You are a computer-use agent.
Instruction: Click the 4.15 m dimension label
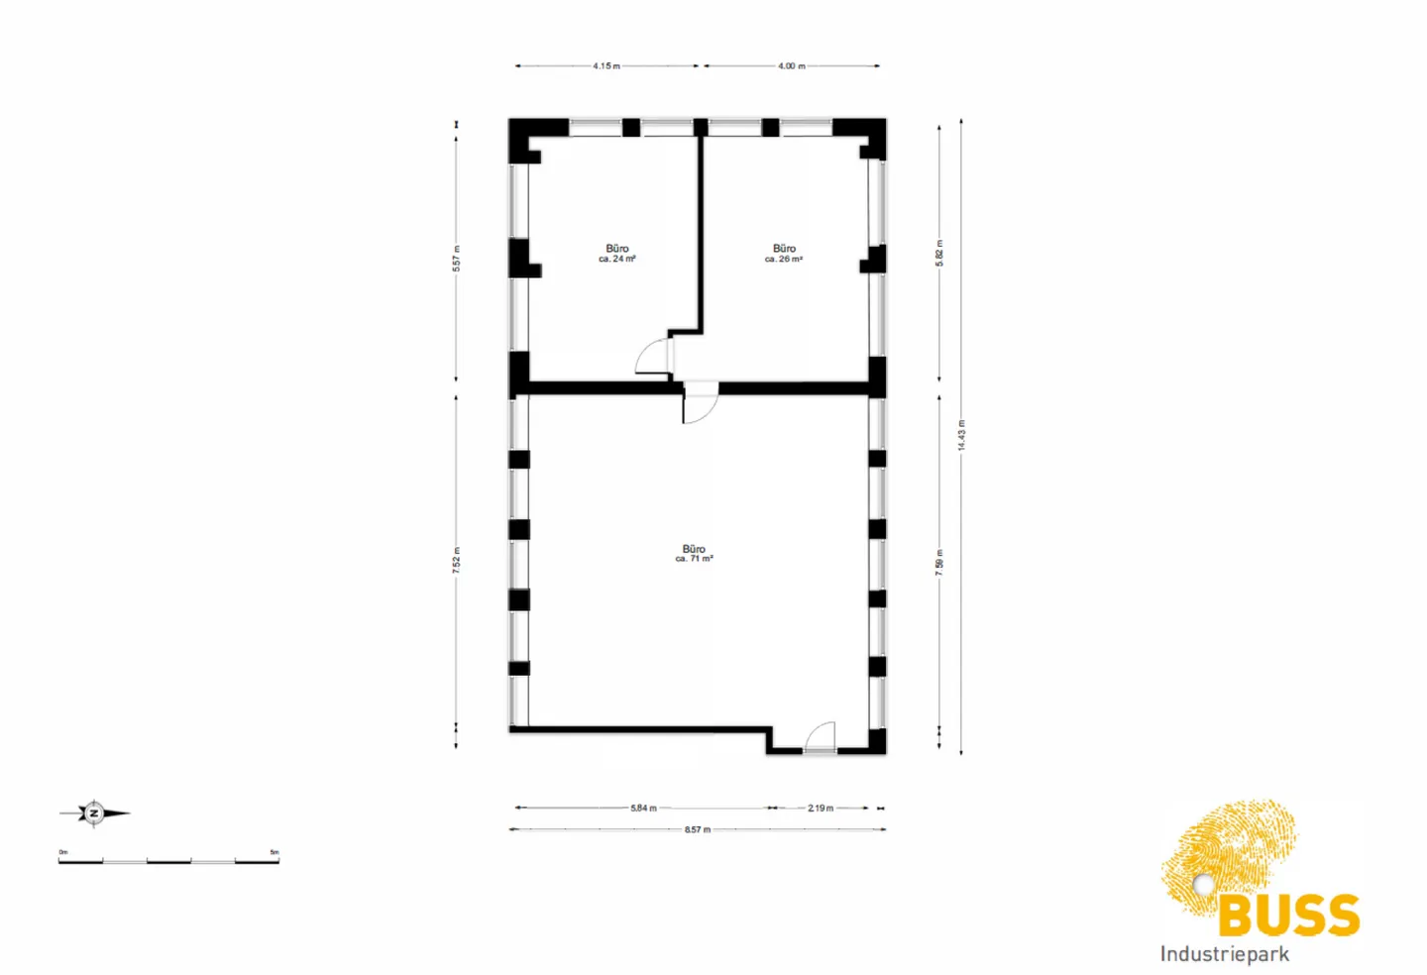[606, 66]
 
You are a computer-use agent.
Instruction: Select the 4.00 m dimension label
[791, 66]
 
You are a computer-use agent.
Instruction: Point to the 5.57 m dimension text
[456, 259]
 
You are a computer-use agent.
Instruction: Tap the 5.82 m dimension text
[939, 253]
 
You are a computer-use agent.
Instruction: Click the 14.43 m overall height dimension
[961, 435]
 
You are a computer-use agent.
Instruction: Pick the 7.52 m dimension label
[456, 560]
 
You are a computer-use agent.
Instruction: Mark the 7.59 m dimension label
[939, 562]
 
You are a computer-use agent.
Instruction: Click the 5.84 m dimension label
[643, 808]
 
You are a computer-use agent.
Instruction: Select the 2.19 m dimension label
[820, 808]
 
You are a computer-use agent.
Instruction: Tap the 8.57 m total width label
[697, 829]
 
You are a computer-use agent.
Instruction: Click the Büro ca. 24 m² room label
[616, 254]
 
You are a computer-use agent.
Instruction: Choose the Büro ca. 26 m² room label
[784, 254]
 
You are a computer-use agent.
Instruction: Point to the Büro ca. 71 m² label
[694, 553]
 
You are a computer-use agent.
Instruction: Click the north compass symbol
[94, 813]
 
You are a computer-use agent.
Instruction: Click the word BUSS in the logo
[1288, 915]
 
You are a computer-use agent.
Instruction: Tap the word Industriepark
[1225, 954]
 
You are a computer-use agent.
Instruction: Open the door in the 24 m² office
[654, 357]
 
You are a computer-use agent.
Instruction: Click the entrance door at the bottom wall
[820, 738]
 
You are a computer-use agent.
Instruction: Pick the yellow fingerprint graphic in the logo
[1234, 852]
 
